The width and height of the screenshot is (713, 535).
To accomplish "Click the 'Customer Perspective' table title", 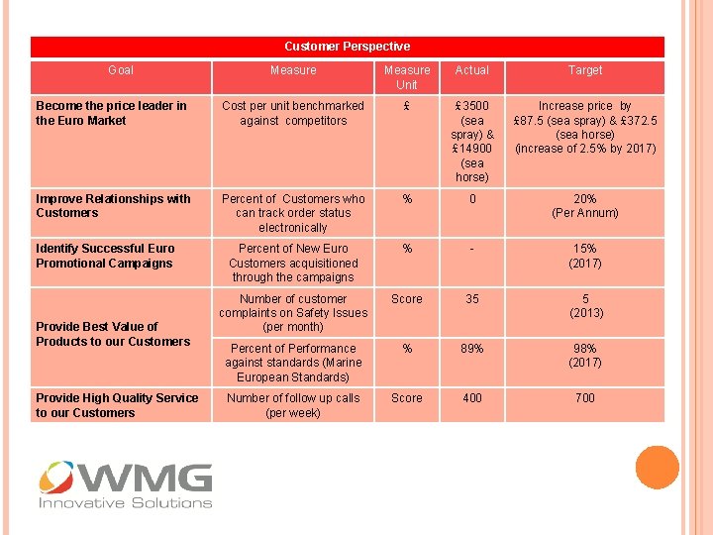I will pyautogui.click(x=347, y=47).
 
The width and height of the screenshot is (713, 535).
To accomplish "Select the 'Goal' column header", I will pyautogui.click(x=120, y=70).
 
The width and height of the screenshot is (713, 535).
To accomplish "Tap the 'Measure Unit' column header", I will pyautogui.click(x=407, y=77).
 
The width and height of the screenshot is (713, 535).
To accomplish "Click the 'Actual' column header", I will pyautogui.click(x=471, y=70).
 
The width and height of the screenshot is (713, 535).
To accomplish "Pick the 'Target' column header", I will pyautogui.click(x=584, y=70).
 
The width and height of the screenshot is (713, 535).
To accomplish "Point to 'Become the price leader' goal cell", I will pyautogui.click(x=111, y=113).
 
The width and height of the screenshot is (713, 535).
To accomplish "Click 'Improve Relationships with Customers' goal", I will pyautogui.click(x=113, y=206).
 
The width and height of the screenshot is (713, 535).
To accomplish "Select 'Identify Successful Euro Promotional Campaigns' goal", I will pyautogui.click(x=105, y=256).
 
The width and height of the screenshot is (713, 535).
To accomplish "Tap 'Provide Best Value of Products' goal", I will pyautogui.click(x=113, y=334).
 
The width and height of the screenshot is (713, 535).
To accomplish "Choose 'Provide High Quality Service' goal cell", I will pyautogui.click(x=117, y=405).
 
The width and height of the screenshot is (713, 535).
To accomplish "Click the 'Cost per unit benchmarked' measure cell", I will pyautogui.click(x=293, y=113).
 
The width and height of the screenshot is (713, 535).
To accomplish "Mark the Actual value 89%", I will pyautogui.click(x=471, y=349).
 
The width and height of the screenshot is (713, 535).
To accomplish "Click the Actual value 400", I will pyautogui.click(x=471, y=398).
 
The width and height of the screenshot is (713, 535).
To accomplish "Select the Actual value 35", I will pyautogui.click(x=471, y=299).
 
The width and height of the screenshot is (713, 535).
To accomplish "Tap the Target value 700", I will pyautogui.click(x=584, y=398).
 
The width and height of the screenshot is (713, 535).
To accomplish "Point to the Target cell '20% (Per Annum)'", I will pyautogui.click(x=584, y=206).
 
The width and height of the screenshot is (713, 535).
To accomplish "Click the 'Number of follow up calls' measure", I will pyautogui.click(x=293, y=405).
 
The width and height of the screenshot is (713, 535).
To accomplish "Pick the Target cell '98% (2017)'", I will pyautogui.click(x=584, y=356).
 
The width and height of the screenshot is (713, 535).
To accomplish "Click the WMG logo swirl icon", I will pyautogui.click(x=56, y=479).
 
